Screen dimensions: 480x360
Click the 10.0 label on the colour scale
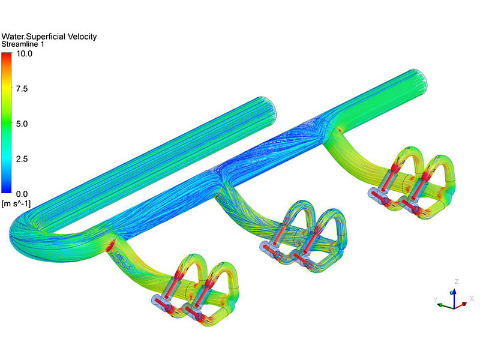pyautogui.click(x=24, y=54)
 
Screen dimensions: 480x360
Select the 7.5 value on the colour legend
pyautogui.click(x=22, y=89)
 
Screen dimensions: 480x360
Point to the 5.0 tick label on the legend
pyautogui.click(x=22, y=124)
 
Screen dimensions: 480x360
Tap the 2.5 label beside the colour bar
pyautogui.click(x=22, y=159)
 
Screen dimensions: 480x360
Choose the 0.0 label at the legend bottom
pyautogui.click(x=22, y=194)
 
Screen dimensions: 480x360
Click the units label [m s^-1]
pyautogui.click(x=16, y=203)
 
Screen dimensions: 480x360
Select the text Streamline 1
pyautogui.click(x=23, y=44)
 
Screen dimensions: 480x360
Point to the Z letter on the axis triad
pyautogui.click(x=457, y=281)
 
